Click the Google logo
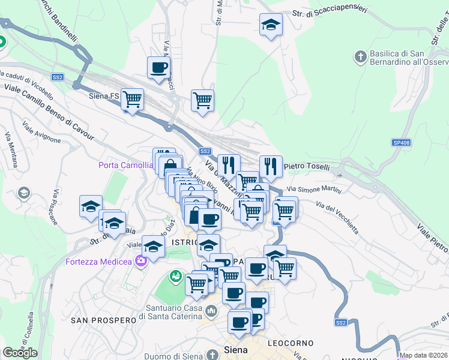tap(20, 353)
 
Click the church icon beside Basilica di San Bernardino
tap(360, 57)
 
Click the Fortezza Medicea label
tap(98, 262)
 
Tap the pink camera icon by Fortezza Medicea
tap(141, 260)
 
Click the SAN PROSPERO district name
tap(104, 320)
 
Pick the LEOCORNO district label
tap(291, 343)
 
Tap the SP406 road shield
tap(402, 142)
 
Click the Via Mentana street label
tap(10, 153)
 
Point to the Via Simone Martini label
tap(318, 190)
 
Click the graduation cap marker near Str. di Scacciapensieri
tap(271, 26)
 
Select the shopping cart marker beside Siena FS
tap(132, 99)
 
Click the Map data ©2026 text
tap(424, 355)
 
